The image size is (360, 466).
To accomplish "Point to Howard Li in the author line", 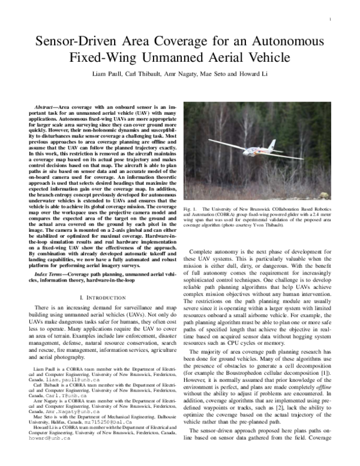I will click(256, 79).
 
